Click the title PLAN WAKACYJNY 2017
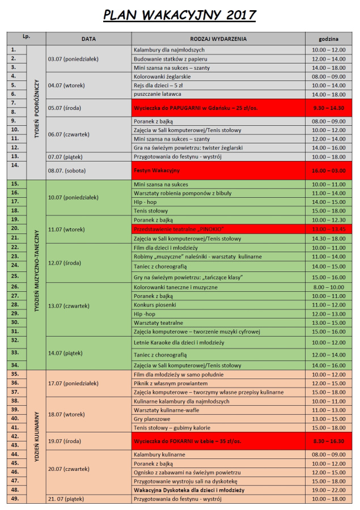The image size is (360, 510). (179, 15)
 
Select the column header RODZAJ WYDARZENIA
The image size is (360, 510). (218, 39)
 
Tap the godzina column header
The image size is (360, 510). (329, 39)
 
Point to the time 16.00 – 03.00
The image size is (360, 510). (329, 170)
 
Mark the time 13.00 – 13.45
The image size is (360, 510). (329, 229)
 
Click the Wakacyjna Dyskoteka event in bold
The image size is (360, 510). (189, 490)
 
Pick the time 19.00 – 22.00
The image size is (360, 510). (329, 490)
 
